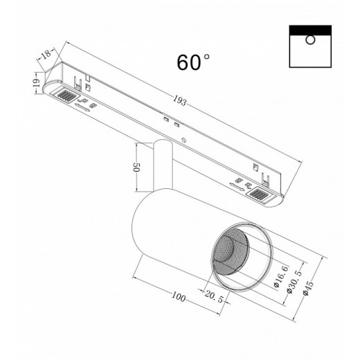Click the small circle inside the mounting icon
click(312, 39)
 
